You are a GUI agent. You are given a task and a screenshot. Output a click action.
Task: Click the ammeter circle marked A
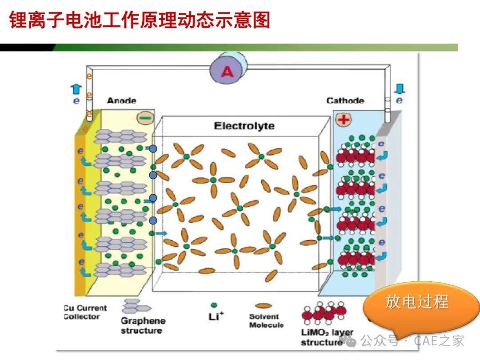226,72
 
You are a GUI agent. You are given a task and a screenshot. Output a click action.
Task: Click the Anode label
121,100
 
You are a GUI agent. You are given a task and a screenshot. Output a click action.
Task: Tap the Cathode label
345,100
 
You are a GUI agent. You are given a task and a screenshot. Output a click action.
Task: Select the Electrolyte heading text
244,126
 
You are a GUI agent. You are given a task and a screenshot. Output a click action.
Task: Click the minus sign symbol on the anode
145,118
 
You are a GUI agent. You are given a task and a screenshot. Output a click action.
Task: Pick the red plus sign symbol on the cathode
344,120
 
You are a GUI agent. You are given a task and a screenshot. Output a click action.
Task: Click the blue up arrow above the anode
76,89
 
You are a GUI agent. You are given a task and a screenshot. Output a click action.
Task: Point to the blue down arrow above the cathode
400,89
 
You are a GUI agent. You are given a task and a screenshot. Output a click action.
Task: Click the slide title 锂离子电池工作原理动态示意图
140,20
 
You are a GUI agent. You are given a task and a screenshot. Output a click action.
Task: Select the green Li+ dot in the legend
214,305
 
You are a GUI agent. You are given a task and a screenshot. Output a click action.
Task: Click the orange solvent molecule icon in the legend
263,305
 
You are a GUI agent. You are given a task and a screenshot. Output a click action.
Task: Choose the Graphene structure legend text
143,326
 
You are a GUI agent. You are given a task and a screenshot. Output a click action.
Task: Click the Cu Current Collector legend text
85,312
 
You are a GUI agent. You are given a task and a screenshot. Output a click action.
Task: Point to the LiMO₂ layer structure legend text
327,337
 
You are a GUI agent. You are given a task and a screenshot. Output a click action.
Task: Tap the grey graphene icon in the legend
136,306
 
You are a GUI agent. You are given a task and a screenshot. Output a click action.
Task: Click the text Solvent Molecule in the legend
266,320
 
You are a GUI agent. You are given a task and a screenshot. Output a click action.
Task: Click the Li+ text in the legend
216,316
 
